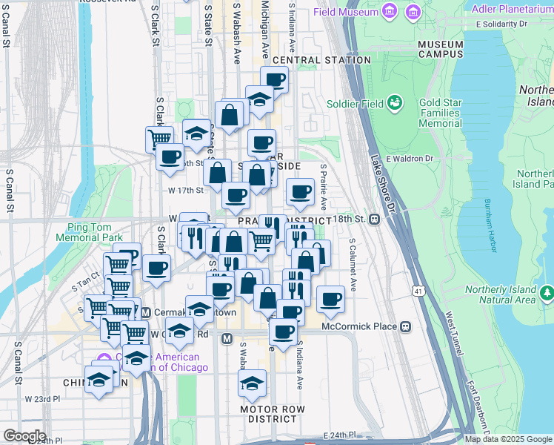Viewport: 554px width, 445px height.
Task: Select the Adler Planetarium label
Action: [512, 10]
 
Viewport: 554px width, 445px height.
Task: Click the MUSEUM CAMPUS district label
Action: [440, 50]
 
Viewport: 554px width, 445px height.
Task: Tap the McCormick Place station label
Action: [360, 326]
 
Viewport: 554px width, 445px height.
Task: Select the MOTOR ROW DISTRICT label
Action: [273, 414]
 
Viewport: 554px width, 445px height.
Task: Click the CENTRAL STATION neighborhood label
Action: [321, 60]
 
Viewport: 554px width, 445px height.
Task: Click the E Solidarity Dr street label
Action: [501, 24]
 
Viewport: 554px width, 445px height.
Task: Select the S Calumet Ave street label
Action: [353, 264]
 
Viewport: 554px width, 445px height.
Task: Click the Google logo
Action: [24, 435]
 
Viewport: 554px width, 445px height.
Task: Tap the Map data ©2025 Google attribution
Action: [508, 439]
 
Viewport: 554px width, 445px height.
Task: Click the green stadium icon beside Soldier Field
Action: [396, 102]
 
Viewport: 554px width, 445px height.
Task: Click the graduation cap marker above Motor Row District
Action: [253, 383]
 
